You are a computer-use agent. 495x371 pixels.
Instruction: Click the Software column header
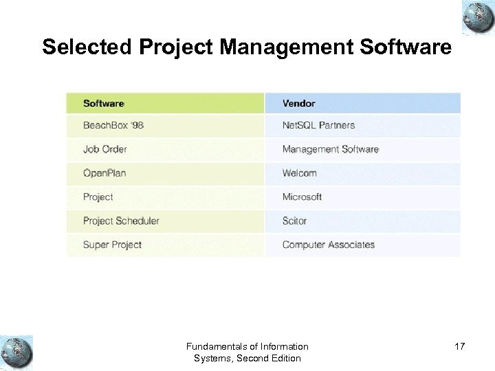point(104,104)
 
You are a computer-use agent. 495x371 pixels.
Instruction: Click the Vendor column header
point(298,104)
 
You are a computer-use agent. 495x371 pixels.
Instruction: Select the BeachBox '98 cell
point(113,126)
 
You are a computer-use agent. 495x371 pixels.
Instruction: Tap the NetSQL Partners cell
point(318,126)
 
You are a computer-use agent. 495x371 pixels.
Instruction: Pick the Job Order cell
point(105,149)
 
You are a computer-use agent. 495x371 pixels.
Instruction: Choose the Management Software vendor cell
point(330,149)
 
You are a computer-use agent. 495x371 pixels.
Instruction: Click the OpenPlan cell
point(104,173)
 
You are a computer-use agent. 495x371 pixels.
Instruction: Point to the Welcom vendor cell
point(300,173)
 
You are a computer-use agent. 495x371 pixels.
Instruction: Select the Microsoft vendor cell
point(302,197)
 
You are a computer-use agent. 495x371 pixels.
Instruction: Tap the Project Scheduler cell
point(121,221)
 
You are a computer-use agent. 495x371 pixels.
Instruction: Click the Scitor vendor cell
point(294,221)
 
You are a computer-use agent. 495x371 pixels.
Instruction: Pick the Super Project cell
point(112,245)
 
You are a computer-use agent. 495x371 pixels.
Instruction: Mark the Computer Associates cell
point(329,245)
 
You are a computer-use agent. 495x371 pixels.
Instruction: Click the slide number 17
point(459,346)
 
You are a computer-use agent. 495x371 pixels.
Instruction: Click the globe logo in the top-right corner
point(478,17)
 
